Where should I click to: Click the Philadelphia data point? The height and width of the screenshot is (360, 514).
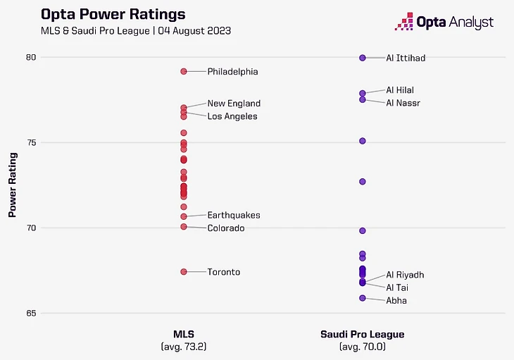click(x=184, y=71)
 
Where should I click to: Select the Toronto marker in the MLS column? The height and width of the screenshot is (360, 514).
click(x=184, y=272)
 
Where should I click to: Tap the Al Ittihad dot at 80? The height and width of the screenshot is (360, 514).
click(x=363, y=58)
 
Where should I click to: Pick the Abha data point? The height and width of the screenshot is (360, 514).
click(x=363, y=298)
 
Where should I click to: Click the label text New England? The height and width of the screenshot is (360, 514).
click(x=234, y=104)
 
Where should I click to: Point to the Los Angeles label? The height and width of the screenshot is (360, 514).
click(x=232, y=116)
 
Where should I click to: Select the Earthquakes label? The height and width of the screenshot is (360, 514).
click(x=234, y=215)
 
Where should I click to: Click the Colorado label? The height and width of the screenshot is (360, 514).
click(x=225, y=228)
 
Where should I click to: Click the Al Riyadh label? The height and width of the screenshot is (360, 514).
click(x=405, y=275)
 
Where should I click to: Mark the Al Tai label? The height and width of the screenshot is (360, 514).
click(x=397, y=287)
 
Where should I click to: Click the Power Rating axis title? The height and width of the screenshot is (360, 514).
click(x=13, y=185)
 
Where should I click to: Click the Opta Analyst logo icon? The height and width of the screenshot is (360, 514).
click(x=404, y=22)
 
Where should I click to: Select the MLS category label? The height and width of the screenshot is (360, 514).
click(x=184, y=334)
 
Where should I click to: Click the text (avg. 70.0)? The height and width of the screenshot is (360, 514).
click(x=363, y=347)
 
